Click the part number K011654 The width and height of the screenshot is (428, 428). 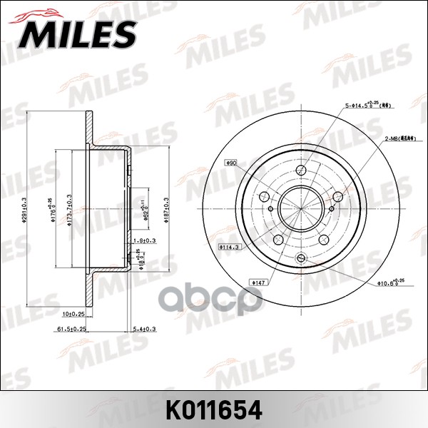pyautogui.click(x=213, y=411)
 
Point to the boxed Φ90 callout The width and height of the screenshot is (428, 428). pyautogui.click(x=231, y=163)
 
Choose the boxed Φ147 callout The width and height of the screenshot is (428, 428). pyautogui.click(x=258, y=282)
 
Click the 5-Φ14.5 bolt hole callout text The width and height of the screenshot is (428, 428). pyautogui.click(x=367, y=106)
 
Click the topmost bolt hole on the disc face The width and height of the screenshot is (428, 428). pyautogui.click(x=300, y=170)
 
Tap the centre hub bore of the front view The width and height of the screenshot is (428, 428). pyautogui.click(x=300, y=208)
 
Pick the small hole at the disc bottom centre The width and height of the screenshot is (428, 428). pyautogui.click(x=300, y=258)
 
